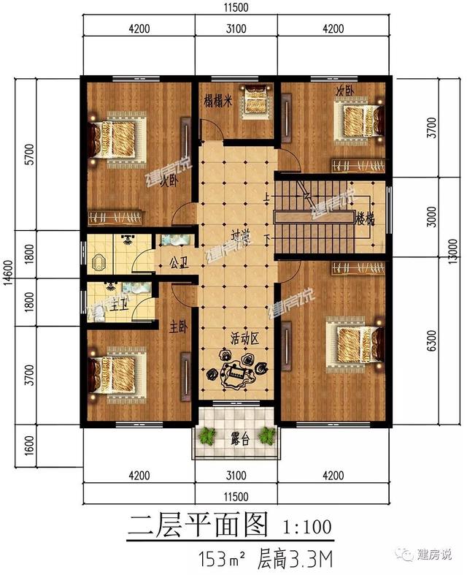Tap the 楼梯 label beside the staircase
coord(365,219)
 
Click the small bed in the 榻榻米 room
coord(256,100)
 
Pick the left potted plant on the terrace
coord(207,437)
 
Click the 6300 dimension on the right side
coord(432,341)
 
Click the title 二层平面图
coord(198,525)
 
